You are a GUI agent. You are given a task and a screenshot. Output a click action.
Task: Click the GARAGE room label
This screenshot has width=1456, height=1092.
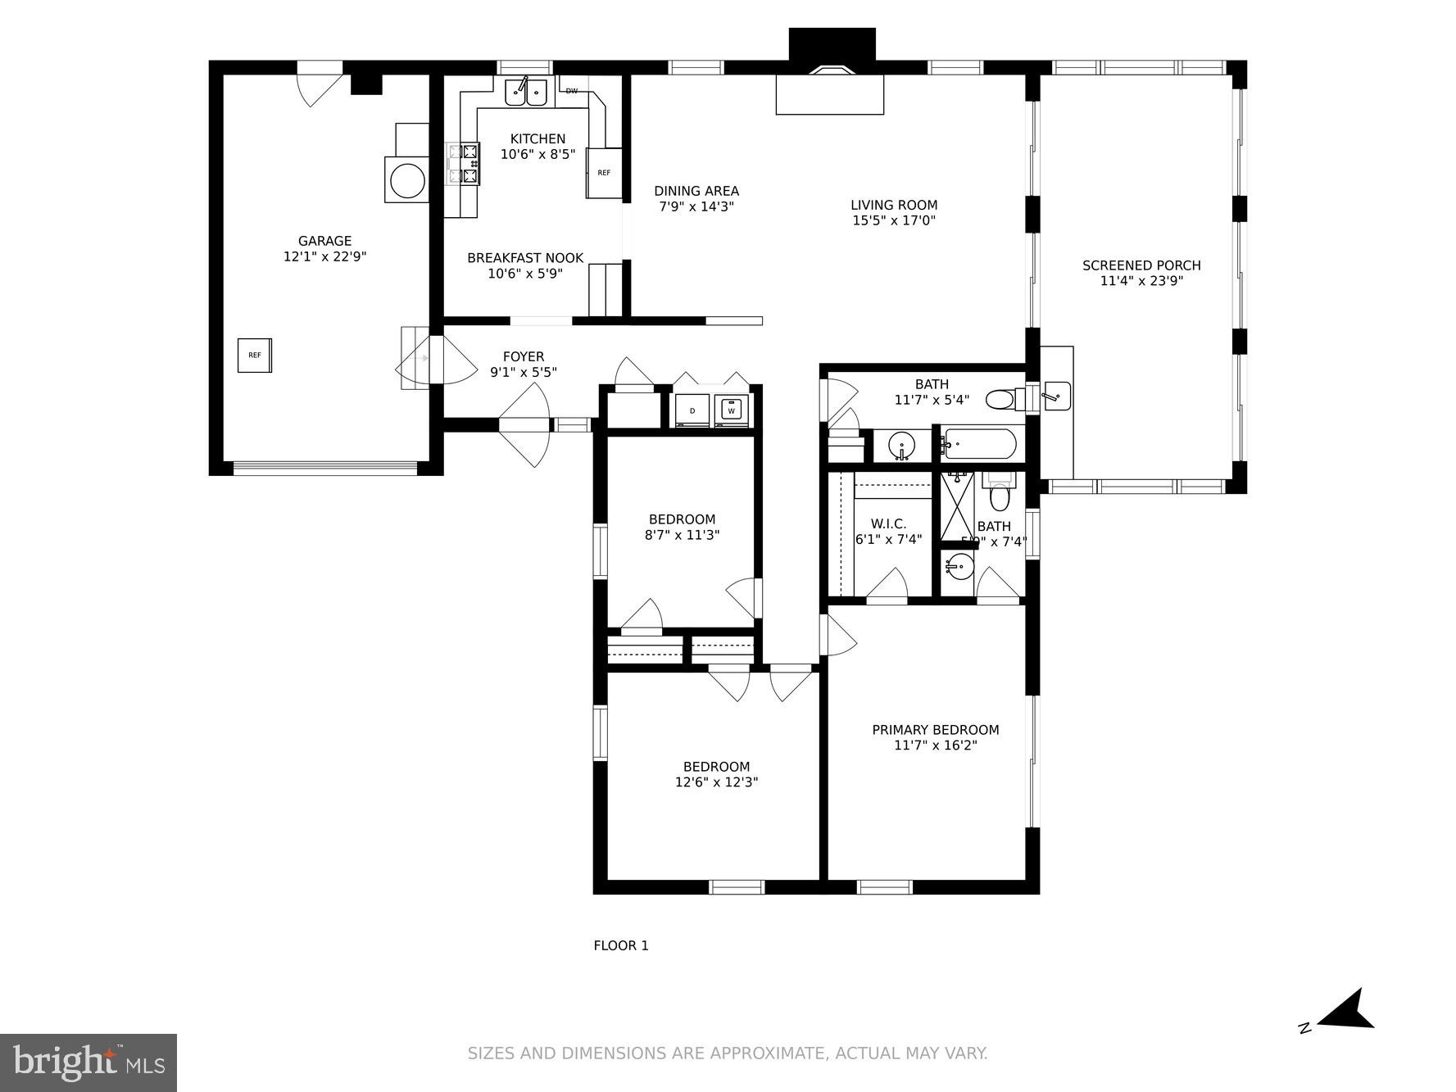click(324, 241)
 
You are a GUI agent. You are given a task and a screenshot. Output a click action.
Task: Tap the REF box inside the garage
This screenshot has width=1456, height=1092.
click(255, 356)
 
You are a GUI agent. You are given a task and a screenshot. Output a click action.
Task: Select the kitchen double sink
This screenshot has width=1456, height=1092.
click(525, 93)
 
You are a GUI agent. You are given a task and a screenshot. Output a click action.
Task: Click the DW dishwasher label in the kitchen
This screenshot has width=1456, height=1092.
click(572, 91)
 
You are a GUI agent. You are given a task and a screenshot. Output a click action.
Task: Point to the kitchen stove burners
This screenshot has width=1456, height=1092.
click(463, 164)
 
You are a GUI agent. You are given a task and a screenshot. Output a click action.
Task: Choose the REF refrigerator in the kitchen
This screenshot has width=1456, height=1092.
click(604, 173)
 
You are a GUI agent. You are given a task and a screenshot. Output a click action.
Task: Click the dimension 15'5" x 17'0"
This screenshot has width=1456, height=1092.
click(893, 220)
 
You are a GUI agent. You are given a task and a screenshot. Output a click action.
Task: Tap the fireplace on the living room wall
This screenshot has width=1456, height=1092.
click(830, 92)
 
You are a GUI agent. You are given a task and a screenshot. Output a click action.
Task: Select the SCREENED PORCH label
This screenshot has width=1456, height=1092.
click(1141, 265)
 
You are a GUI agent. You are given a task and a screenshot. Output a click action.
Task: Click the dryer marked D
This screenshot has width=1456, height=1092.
click(692, 410)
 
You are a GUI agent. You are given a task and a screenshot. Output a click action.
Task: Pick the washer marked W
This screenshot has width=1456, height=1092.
click(732, 410)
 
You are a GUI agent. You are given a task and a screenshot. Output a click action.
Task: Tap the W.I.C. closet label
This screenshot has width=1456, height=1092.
click(888, 524)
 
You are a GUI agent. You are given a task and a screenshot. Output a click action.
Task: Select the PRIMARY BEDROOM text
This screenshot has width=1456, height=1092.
click(935, 730)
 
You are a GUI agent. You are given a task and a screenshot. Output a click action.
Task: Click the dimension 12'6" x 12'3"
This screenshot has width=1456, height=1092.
click(716, 782)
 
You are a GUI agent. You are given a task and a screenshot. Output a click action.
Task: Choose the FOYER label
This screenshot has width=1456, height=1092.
click(523, 356)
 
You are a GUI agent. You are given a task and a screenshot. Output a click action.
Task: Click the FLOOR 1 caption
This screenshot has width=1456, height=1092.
click(620, 946)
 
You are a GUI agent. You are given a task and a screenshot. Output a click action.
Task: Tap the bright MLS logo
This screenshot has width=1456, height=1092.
click(88, 1063)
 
